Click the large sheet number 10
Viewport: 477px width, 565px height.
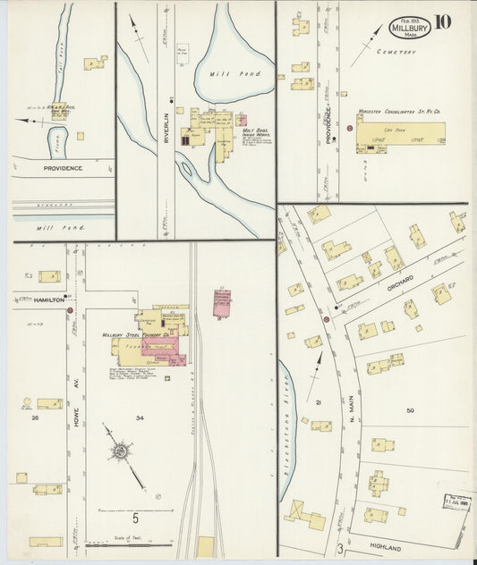pyautogui.click(x=443, y=22)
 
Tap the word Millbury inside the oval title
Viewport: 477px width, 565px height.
pyautogui.click(x=409, y=28)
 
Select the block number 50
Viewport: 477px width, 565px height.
pyautogui.click(x=410, y=410)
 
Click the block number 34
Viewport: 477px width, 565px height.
pyautogui.click(x=140, y=417)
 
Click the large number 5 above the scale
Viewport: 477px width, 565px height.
pyautogui.click(x=136, y=518)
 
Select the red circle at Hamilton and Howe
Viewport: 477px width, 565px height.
pyautogui.click(x=70, y=299)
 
